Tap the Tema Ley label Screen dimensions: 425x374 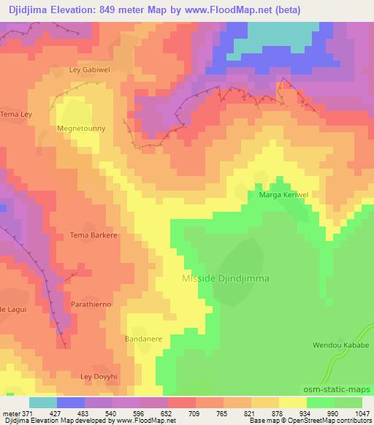click(x=15, y=115)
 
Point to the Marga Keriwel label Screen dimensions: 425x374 click(x=281, y=195)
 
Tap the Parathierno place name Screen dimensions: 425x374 click(x=91, y=303)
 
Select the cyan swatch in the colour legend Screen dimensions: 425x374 click(x=43, y=402)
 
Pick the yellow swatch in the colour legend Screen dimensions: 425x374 click(x=292, y=402)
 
